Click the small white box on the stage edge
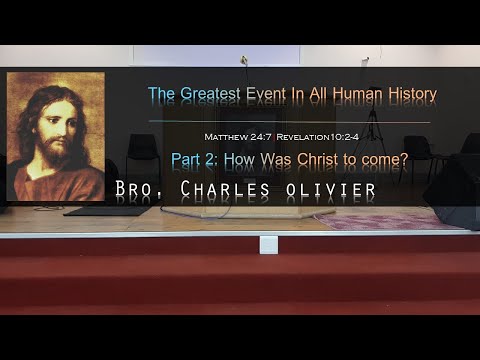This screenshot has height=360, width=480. [x=268, y=244]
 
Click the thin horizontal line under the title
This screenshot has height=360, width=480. [x=290, y=122]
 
